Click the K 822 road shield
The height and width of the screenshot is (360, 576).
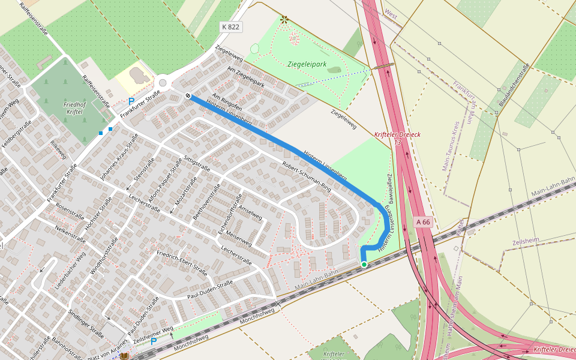pyautogui.click(x=231, y=27)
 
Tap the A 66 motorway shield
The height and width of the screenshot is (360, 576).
pyautogui.click(x=423, y=222)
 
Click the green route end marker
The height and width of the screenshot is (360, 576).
pyautogui.click(x=364, y=264)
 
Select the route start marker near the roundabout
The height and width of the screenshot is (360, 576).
pyautogui.click(x=188, y=95)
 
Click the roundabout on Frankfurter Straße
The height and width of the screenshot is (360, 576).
pyautogui.click(x=162, y=83)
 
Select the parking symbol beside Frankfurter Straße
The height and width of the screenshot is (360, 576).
pyautogui.click(x=131, y=102)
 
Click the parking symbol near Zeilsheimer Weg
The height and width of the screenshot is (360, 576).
pyautogui.click(x=154, y=341)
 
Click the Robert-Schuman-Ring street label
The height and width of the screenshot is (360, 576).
pyautogui.click(x=306, y=177)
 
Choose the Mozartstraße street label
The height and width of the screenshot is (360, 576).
pyautogui.click(x=185, y=192)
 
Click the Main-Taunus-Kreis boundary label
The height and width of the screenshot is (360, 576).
pyautogui.click(x=451, y=144)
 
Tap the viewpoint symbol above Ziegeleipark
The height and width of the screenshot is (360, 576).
pyautogui.click(x=284, y=20)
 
